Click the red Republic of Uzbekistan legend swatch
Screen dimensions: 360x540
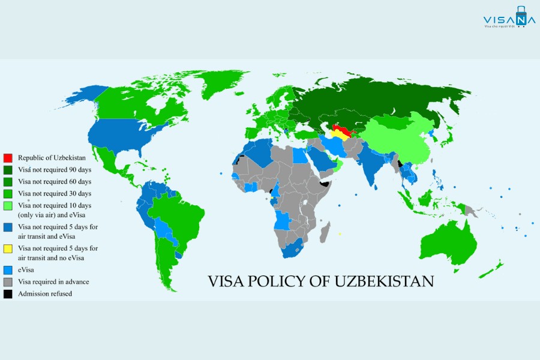[x=8, y=157]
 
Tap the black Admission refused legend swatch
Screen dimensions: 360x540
[x=8, y=294]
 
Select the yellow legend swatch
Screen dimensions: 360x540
[x=8, y=248]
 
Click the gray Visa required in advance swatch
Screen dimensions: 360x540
[x=8, y=282]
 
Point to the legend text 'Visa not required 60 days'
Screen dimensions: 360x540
[x=55, y=181]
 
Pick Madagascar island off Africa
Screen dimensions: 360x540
[x=325, y=231]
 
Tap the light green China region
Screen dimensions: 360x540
[x=399, y=141]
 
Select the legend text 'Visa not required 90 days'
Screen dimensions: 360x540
[x=55, y=169]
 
